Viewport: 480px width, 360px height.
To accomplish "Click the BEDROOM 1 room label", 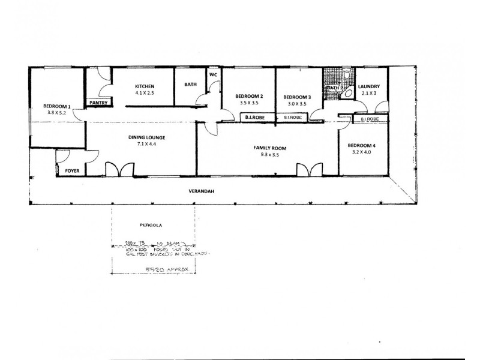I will (58, 107).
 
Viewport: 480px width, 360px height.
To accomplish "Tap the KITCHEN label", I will (145, 86).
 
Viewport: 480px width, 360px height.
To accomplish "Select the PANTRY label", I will (98, 103).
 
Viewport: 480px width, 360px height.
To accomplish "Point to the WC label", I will (213, 75).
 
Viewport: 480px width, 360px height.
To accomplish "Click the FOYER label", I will (72, 171).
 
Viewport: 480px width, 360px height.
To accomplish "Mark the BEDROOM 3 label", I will (297, 97).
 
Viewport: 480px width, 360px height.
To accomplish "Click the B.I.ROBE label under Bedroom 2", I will (249, 118).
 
